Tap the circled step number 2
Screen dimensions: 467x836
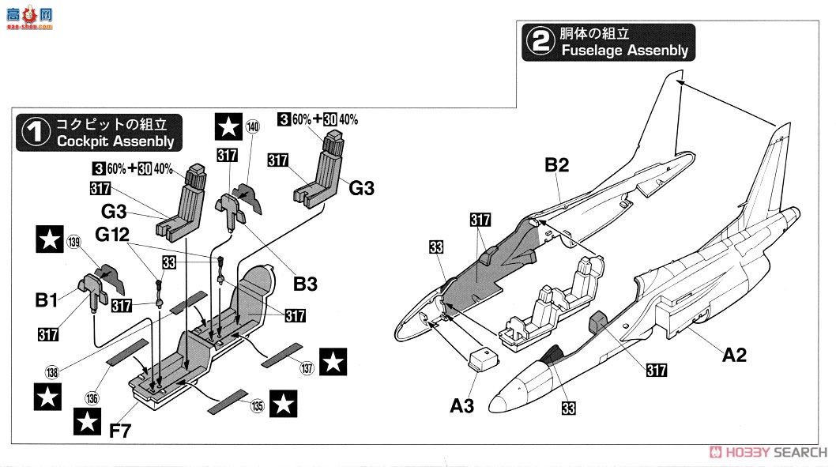tap(540, 42)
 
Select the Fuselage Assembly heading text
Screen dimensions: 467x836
tap(624, 51)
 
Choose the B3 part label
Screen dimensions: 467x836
tap(305, 283)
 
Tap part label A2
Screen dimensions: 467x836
tap(734, 356)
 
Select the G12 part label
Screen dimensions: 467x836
tap(113, 235)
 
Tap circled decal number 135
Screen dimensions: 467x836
tap(257, 409)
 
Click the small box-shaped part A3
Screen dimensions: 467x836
tap(484, 358)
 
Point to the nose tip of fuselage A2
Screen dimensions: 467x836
tap(491, 404)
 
